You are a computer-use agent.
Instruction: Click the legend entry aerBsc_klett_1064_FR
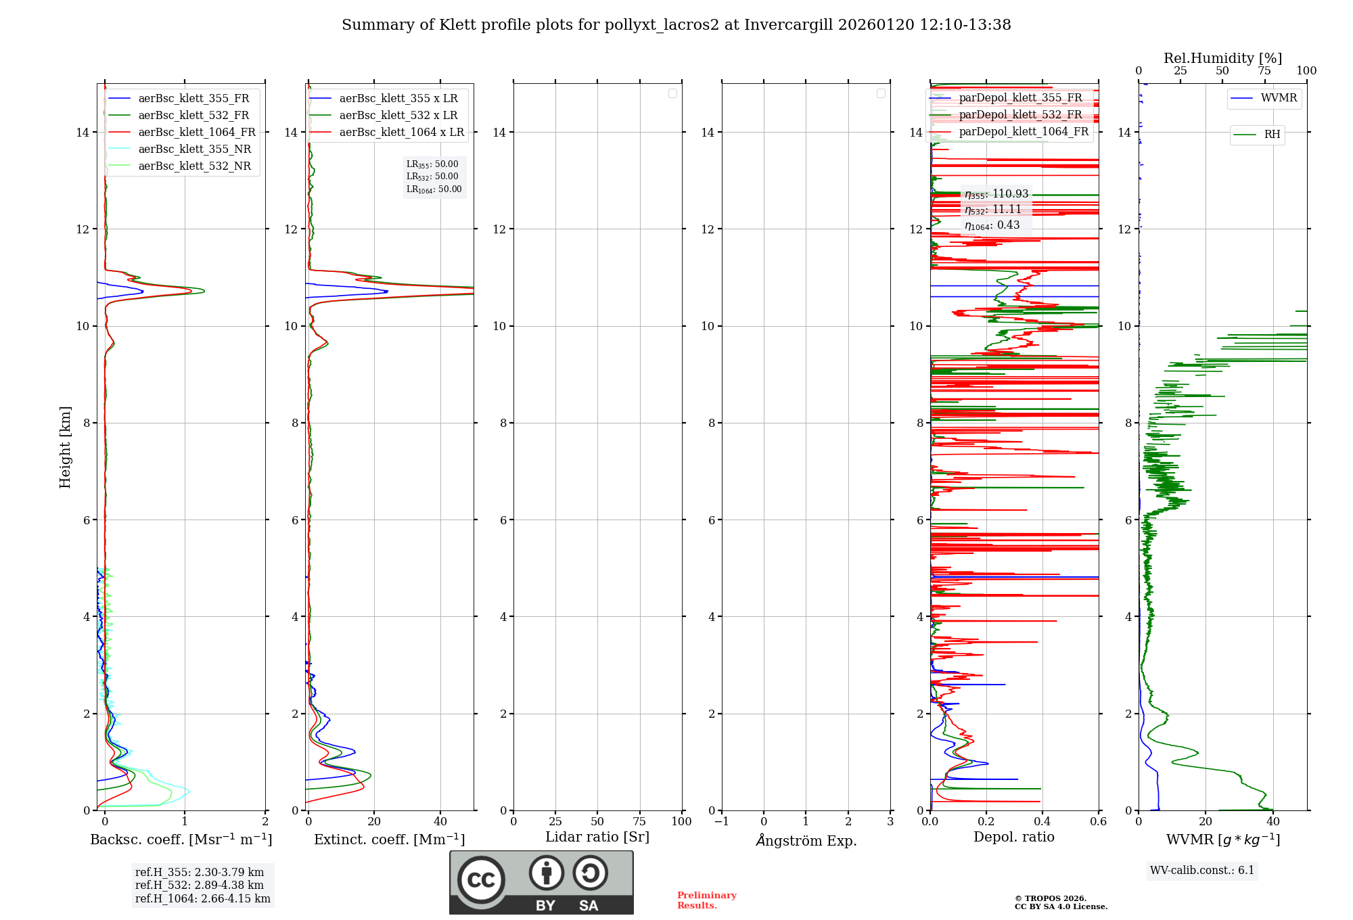pos(197,133)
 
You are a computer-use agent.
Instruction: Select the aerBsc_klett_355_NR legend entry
pos(194,149)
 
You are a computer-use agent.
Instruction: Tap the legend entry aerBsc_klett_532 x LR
pos(398,116)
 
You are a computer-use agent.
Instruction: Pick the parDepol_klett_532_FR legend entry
pos(1020,115)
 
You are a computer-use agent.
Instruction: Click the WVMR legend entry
pos(1279,98)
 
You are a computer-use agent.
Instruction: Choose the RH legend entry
pos(1272,135)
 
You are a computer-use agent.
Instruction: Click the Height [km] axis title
pos(65,447)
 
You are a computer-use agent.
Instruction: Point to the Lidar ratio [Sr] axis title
pos(597,837)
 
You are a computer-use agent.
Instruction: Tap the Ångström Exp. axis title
pos(806,841)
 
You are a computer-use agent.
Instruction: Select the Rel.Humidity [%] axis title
pos(1222,58)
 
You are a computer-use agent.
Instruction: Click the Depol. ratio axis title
pos(1013,837)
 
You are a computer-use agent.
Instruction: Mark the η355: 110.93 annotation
pos(996,194)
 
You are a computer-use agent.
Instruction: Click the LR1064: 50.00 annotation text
pos(434,189)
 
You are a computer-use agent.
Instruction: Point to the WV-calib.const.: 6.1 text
pos(1202,871)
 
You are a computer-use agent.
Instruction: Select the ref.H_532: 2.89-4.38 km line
pos(200,885)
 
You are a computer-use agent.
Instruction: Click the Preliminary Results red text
pos(706,900)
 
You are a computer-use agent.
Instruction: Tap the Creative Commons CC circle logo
pos(481,880)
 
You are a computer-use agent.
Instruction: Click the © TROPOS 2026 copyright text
pos(1050,898)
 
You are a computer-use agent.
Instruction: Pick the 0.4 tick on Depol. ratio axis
pos(1042,822)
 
